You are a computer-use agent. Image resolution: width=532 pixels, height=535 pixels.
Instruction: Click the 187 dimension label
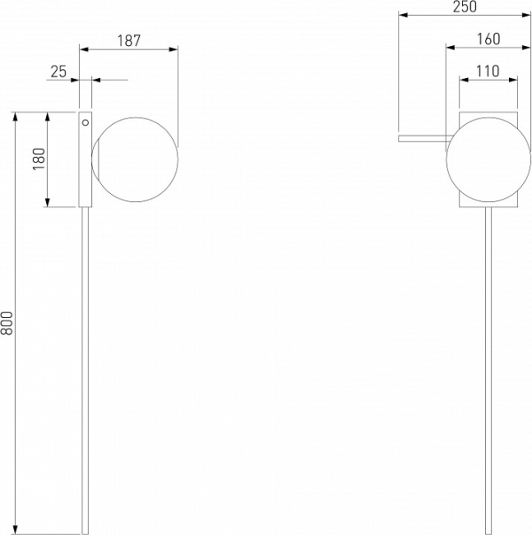coord(129,41)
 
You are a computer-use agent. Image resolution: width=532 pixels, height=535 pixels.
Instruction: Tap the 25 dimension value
coord(59,72)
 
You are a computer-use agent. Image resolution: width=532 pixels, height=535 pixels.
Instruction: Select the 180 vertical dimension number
coord(39,159)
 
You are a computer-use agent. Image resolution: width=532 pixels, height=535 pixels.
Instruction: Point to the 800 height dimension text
coord(7,322)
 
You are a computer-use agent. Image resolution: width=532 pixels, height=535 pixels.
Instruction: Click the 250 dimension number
coord(465,7)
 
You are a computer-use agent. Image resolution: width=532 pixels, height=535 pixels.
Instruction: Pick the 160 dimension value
coord(489,39)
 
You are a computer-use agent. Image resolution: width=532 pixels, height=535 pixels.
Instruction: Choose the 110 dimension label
coord(488,72)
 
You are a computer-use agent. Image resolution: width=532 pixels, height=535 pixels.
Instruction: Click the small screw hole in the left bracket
coord(85,122)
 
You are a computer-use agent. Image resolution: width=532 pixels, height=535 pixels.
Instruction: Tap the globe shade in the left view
coord(135,159)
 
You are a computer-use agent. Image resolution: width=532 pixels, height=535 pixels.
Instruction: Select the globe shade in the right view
coord(489,159)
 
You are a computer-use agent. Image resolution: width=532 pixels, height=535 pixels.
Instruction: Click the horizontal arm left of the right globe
coord(424,138)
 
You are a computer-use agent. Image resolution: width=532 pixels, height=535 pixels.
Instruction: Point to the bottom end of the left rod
coord(85,533)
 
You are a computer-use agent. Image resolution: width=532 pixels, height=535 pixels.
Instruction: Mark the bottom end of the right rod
coord(489,533)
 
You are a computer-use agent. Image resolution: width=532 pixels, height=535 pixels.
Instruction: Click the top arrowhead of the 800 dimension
coord(15,117)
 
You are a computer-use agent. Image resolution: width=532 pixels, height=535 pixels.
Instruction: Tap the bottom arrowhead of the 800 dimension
coord(15,530)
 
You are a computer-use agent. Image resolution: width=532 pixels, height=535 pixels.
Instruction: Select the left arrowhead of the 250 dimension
coord(403,15)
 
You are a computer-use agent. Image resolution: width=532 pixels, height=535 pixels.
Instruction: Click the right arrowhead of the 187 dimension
coord(174,50)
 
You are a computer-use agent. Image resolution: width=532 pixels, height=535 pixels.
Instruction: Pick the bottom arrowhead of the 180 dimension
coord(48,202)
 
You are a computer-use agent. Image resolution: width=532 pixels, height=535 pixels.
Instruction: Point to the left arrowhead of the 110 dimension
coord(464,80)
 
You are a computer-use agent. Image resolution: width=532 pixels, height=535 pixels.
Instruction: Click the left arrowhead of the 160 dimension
coord(450,48)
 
